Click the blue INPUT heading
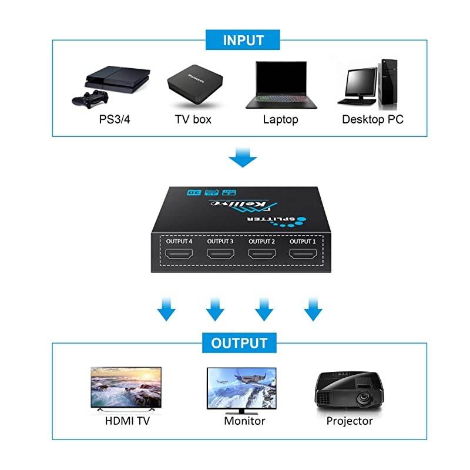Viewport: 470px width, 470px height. (243, 41)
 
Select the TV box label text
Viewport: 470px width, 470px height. (193, 120)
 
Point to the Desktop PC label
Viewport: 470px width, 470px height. (372, 120)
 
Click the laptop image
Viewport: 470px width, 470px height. (281, 86)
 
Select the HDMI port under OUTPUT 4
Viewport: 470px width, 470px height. (179, 254)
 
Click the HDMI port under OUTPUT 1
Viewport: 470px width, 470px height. (302, 254)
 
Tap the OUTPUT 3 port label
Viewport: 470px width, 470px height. (220, 241)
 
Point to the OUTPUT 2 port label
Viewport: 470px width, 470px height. (261, 241)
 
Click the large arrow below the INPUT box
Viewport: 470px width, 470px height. (242, 157)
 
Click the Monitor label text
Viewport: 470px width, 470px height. (244, 421)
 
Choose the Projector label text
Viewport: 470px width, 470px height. (350, 421)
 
